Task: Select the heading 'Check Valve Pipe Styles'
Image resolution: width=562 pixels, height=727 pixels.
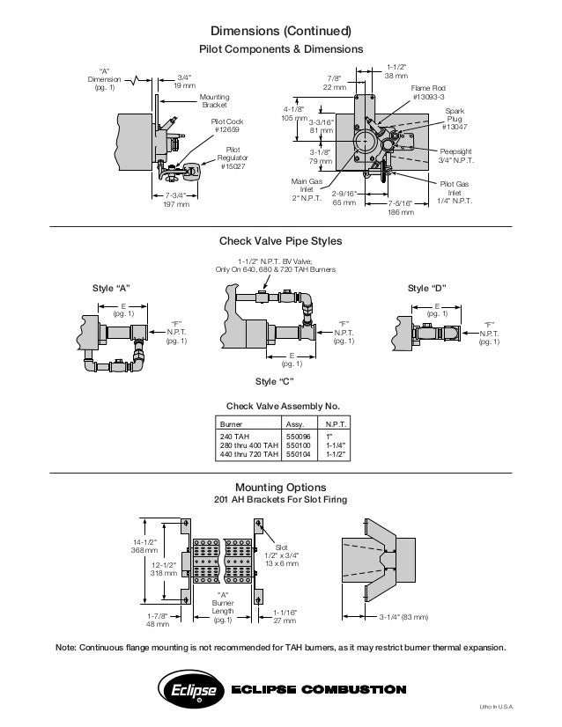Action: (x=280, y=240)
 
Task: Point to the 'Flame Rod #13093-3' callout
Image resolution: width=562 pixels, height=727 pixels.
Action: (x=429, y=92)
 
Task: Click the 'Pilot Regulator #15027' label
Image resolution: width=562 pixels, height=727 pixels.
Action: (x=233, y=158)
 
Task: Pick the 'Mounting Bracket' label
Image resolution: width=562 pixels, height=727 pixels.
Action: (x=214, y=100)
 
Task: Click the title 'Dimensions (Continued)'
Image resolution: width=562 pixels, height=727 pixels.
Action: (x=279, y=31)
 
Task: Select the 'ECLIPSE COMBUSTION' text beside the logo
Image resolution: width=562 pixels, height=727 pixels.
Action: (x=318, y=689)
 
